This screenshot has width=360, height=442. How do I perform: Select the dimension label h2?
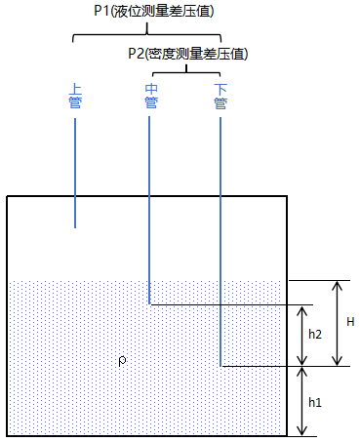click(x=314, y=334)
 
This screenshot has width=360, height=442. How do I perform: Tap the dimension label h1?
click(x=314, y=401)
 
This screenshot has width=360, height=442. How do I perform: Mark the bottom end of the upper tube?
click(x=75, y=227)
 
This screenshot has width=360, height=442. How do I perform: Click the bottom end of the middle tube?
click(x=149, y=302)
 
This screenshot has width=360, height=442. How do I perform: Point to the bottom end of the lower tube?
click(x=220, y=366)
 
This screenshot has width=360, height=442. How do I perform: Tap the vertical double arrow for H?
click(x=337, y=323)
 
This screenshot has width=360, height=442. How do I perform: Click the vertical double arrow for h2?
click(x=301, y=335)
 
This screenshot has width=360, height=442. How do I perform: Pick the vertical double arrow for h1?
click(x=301, y=401)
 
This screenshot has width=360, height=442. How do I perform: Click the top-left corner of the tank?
click(x=8, y=196)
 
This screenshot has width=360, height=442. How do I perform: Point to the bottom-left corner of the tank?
click(x=8, y=435)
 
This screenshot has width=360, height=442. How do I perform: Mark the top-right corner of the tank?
click(x=286, y=196)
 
